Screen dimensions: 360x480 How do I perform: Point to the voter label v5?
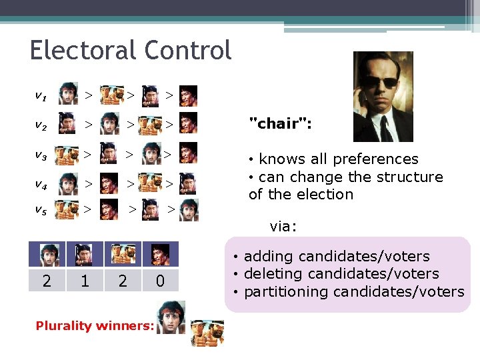pyautogui.click(x=41, y=210)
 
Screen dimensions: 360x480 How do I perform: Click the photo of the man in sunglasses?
pyautogui.click(x=383, y=97)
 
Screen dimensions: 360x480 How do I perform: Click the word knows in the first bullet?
pyautogui.click(x=280, y=159)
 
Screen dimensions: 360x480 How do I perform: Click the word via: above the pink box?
pyautogui.click(x=284, y=227)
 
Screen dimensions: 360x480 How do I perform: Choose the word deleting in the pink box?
pyautogui.click(x=273, y=274)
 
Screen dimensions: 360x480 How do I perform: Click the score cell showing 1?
pyautogui.click(x=84, y=281)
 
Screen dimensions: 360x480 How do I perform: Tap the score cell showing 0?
pyautogui.click(x=160, y=281)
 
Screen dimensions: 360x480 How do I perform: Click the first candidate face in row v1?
pyautogui.click(x=67, y=95)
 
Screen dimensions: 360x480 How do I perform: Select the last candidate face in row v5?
pyautogui.click(x=189, y=210)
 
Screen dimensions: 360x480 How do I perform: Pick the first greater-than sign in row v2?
pyautogui.click(x=88, y=124)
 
